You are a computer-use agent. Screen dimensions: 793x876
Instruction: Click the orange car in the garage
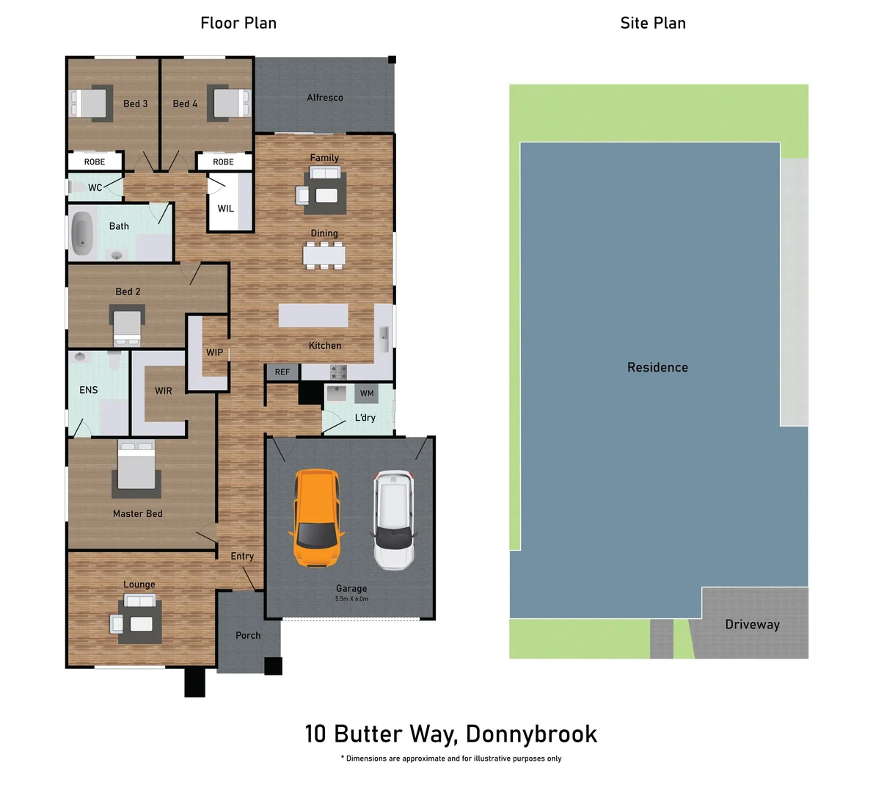coord(317,518)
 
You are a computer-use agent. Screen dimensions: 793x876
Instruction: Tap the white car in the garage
coord(394,520)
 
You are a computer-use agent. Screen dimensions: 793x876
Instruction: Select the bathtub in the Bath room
coord(81,233)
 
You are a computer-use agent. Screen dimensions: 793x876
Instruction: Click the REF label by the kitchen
coord(282,372)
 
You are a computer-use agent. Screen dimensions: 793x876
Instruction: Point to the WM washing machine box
coord(367,394)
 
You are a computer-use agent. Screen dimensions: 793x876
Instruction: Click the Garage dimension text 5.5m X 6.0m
coord(351,599)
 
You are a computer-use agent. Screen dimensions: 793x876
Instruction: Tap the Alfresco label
coord(325,98)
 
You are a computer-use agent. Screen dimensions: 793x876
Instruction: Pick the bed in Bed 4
coord(229,103)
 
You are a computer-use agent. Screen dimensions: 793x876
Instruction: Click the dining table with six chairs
coord(324,254)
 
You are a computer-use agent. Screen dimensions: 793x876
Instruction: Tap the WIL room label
coord(226,209)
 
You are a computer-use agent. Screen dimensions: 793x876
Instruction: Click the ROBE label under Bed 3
coord(95,162)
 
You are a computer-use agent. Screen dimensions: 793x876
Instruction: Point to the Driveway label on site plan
coord(752,625)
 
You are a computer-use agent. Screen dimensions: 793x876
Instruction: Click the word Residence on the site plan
coord(657,367)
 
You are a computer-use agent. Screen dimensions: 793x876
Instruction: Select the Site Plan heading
coord(653,23)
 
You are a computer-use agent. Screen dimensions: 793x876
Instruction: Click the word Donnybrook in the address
coord(531,734)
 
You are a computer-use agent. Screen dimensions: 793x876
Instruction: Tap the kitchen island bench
coord(313,316)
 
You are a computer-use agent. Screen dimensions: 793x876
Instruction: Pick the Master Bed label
coord(138,514)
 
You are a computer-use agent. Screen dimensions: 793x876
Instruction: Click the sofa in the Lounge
coord(139,602)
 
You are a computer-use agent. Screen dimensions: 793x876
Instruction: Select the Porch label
coord(248,635)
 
